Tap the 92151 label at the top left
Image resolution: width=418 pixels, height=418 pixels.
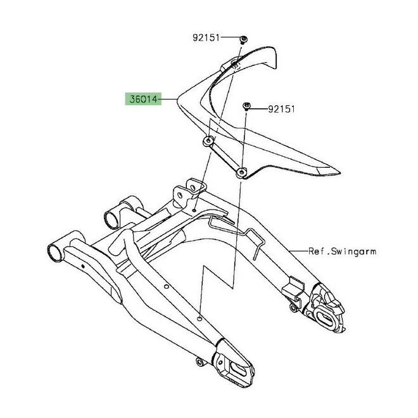pyautogui.click(x=206, y=38)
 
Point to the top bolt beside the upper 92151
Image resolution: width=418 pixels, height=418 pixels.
pyautogui.click(x=242, y=39)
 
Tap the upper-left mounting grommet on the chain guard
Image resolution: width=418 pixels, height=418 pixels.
pyautogui.click(x=208, y=141)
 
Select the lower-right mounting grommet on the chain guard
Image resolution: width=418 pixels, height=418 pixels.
pyautogui.click(x=241, y=173)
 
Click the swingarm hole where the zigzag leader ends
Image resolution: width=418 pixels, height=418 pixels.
pyautogui.click(x=199, y=319)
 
